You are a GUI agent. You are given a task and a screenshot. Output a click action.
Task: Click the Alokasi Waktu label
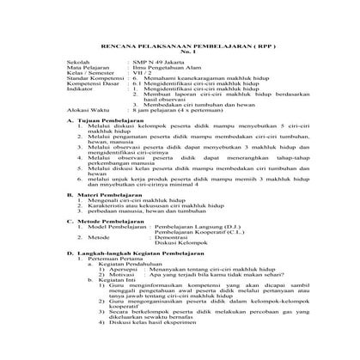click(x=88, y=136)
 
